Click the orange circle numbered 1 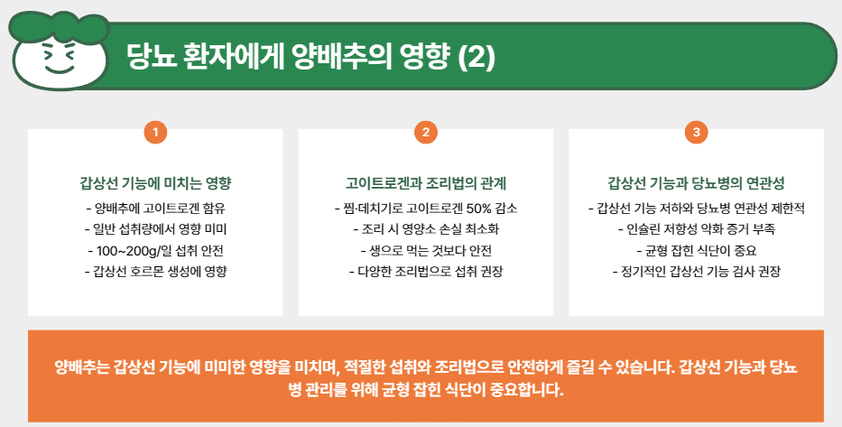[x=155, y=132]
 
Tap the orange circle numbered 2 [x=426, y=132]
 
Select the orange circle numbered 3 [x=696, y=132]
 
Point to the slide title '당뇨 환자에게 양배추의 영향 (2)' [x=310, y=57]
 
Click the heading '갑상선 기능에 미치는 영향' [x=155, y=183]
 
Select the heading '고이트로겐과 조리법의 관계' [x=426, y=183]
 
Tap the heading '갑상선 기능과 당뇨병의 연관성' [x=696, y=183]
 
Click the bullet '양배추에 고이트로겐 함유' [x=155, y=209]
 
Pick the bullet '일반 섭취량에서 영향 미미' [x=155, y=229]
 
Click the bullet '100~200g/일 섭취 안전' [x=155, y=250]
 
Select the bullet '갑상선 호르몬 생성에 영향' [x=155, y=271]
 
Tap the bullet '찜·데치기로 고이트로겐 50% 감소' [x=426, y=209]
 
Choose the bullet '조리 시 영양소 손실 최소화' [x=426, y=229]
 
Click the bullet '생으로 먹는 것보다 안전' [x=426, y=250]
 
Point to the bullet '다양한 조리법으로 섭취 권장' [x=426, y=271]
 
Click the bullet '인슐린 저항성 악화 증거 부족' [x=696, y=229]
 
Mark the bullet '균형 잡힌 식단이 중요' [x=696, y=250]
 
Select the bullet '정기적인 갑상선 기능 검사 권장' [x=696, y=271]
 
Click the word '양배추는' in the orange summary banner [x=82, y=368]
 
